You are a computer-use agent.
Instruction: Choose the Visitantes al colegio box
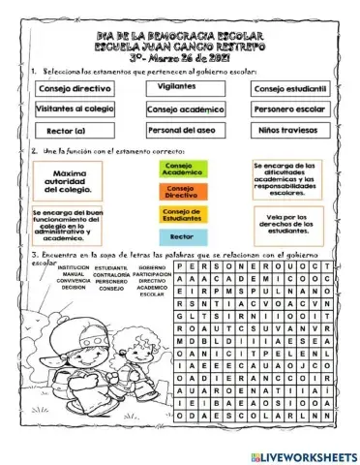tap(75, 109)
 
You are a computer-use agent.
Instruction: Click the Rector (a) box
tap(74, 131)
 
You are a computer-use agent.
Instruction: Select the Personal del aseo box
tap(181, 131)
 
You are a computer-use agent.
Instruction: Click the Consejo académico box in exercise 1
tap(181, 110)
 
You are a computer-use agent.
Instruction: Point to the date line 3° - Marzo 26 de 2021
tap(181, 56)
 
